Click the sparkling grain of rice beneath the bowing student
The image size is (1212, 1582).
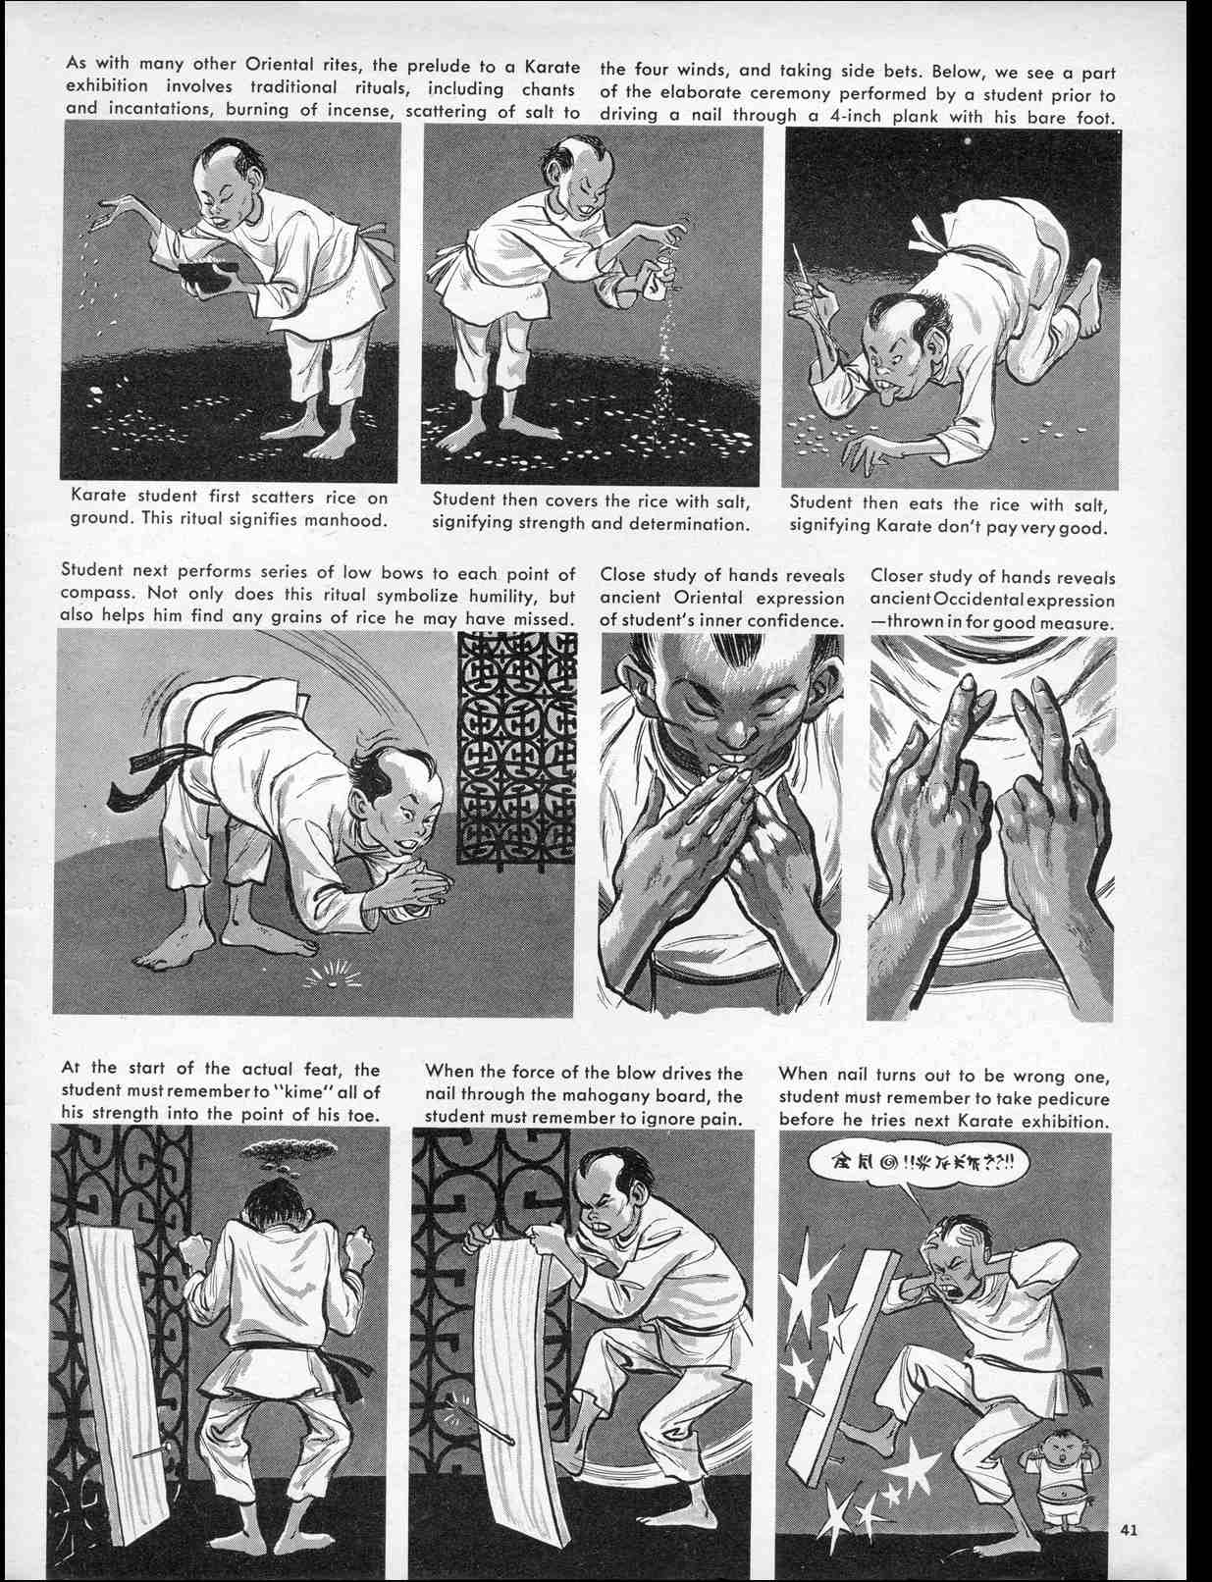(326, 975)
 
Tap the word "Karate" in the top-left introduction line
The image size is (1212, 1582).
(553, 71)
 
